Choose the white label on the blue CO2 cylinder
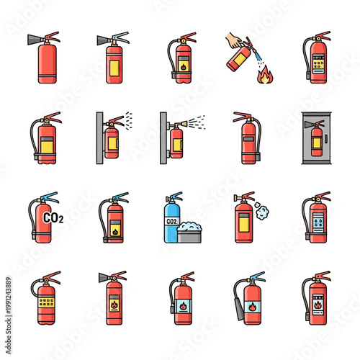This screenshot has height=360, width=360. [172, 221]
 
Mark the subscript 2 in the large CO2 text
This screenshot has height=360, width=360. [60, 221]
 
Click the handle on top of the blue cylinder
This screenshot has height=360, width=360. [174, 197]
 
